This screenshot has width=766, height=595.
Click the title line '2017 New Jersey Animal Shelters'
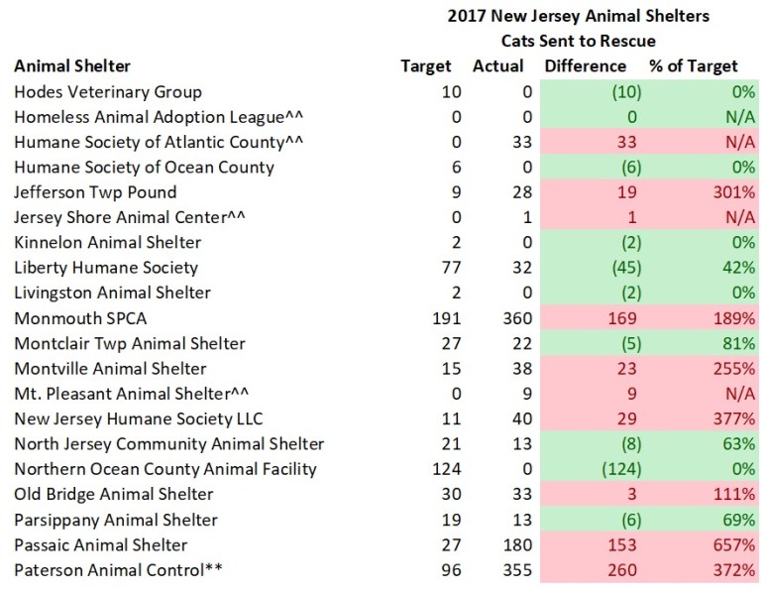pos(577,16)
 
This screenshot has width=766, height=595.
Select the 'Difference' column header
pos(585,66)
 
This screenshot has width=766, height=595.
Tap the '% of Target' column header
pos(693,66)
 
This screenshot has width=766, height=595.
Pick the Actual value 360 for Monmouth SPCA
pos(515,318)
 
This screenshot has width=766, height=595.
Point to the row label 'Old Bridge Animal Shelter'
pos(114,494)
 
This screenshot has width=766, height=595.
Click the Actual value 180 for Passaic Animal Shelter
pos(515,544)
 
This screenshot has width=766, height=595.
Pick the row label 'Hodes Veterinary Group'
pos(108,92)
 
